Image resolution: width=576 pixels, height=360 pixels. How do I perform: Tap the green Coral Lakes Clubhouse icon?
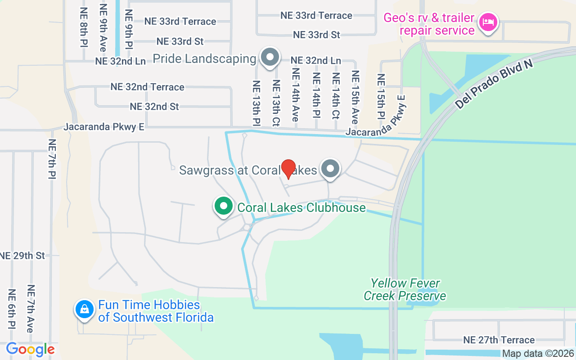(x=223, y=207)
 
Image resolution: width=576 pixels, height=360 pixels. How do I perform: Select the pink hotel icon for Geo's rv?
(x=488, y=22)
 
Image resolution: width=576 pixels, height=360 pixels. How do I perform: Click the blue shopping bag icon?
(x=84, y=309)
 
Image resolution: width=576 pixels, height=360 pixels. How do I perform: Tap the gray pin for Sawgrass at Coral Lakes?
(x=331, y=169)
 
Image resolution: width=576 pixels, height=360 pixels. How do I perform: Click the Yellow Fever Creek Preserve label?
(x=405, y=289)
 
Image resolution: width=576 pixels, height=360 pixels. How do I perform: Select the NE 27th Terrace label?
(x=499, y=340)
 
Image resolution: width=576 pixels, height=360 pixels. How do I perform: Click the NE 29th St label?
(x=22, y=256)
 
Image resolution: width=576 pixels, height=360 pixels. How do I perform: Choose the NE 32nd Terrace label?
(x=147, y=87)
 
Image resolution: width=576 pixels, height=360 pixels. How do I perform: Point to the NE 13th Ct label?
(x=276, y=103)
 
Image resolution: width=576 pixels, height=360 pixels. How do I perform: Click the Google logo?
(x=30, y=349)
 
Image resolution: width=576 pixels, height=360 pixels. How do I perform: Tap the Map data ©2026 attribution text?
(x=538, y=354)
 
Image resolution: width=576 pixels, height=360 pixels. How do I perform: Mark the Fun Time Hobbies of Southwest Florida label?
(x=156, y=311)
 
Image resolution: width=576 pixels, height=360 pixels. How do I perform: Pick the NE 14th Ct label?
(x=336, y=95)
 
